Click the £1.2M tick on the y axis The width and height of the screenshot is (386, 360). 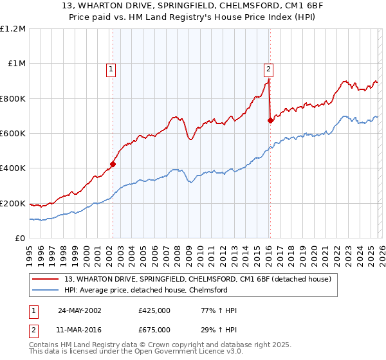pyautogui.click(x=13, y=29)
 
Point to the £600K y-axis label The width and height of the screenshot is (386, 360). pyautogui.click(x=13, y=134)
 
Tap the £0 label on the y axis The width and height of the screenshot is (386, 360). pyautogui.click(x=20, y=239)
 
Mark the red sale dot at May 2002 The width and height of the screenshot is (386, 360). pyautogui.click(x=113, y=164)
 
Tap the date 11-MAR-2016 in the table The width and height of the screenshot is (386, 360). pyautogui.click(x=80, y=329)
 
